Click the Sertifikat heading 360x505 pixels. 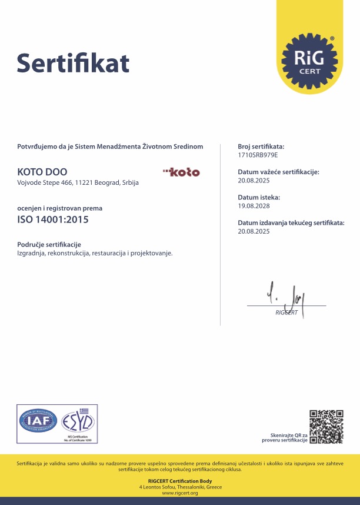pyautogui.click(x=73, y=62)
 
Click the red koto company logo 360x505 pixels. pyautogui.click(x=181, y=172)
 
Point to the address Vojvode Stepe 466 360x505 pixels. pyautogui.click(x=78, y=183)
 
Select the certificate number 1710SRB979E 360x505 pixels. pyautogui.click(x=258, y=154)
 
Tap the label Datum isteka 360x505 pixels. pyautogui.click(x=259, y=198)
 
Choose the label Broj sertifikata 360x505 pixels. pyautogui.click(x=261, y=145)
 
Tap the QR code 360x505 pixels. pyautogui.click(x=326, y=426)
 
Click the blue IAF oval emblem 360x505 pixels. pyautogui.click(x=37, y=421)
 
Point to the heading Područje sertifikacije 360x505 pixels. pyautogui.click(x=49, y=244)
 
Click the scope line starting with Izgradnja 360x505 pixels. pyautogui.click(x=95, y=253)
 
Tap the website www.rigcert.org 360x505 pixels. pyautogui.click(x=180, y=493)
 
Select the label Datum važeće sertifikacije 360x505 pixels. pyautogui.click(x=278, y=172)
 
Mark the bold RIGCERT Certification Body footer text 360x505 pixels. pyautogui.click(x=180, y=482)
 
